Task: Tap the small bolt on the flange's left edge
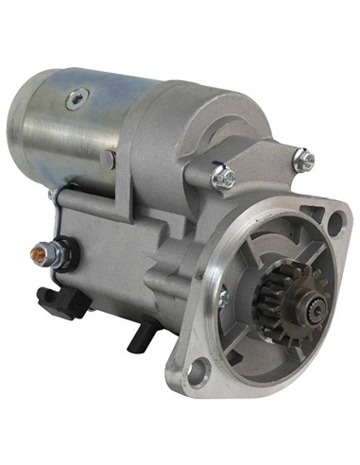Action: click(223, 299)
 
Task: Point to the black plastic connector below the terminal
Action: click(54, 301)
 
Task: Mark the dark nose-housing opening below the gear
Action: click(274, 326)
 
